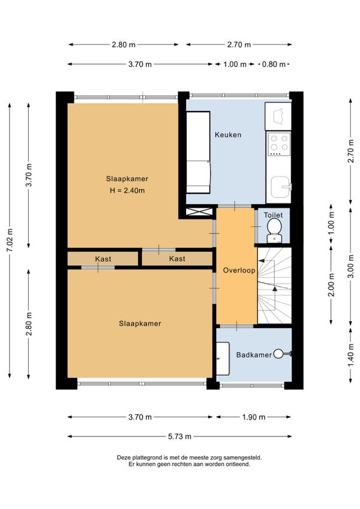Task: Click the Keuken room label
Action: (228, 134)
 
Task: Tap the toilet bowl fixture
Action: (274, 230)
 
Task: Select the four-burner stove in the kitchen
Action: (279, 143)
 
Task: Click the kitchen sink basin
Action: (280, 187)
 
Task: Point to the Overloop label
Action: (239, 270)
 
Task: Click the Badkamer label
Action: (254, 355)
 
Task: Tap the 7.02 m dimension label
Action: (10, 240)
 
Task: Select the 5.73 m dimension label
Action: (179, 436)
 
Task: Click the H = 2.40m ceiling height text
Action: (127, 190)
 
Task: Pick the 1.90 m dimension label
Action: (254, 417)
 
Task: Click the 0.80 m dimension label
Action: (274, 64)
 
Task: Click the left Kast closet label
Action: (103, 259)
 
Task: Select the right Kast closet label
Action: (177, 259)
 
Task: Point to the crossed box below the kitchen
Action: (199, 212)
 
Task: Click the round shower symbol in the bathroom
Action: (278, 354)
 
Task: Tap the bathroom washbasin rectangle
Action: (223, 358)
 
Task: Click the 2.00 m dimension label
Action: (331, 285)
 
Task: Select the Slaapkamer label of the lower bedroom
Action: (140, 324)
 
